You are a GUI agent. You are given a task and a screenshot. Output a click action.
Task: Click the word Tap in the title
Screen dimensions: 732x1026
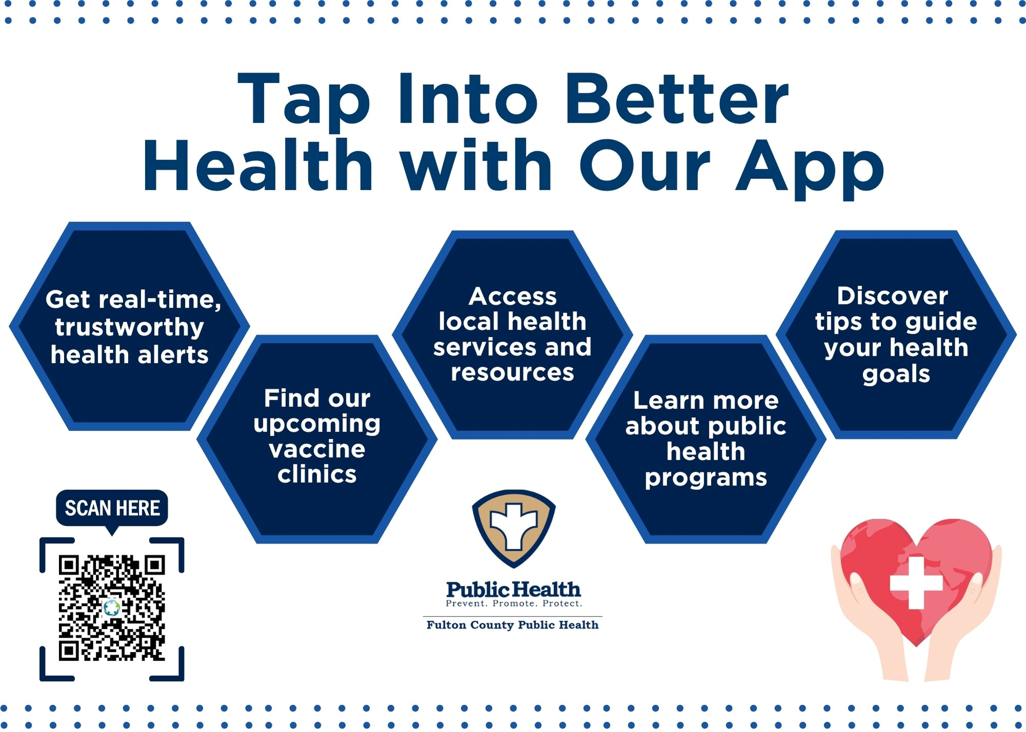coord(303,100)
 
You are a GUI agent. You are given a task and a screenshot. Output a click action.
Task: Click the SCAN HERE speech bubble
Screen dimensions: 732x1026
coord(112,508)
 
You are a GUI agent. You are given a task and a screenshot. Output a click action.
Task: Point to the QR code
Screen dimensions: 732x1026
coord(112,608)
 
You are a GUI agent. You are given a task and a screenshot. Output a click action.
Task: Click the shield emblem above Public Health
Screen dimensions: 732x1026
coord(514,528)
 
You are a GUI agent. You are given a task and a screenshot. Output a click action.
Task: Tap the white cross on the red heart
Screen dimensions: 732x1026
coord(916,583)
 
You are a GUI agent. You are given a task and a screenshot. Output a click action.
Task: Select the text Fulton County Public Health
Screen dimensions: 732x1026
coord(512,625)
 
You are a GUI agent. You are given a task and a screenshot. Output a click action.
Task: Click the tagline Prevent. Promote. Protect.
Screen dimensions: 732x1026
coord(514,603)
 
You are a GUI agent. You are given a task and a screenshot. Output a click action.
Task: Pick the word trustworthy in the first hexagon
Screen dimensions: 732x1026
coord(130,327)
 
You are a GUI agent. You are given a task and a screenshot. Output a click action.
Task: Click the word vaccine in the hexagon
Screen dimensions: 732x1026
coord(317,449)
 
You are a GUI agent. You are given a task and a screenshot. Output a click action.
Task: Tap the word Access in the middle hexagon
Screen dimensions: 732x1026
coord(512,296)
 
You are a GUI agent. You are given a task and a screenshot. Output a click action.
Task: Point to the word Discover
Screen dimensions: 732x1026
coord(893,296)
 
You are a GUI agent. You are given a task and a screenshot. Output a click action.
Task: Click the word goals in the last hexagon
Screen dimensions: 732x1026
coord(896,374)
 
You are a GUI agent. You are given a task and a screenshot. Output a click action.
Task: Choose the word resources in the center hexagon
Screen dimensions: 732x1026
coord(512,373)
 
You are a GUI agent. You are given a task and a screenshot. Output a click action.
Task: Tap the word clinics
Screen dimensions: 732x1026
coord(317,474)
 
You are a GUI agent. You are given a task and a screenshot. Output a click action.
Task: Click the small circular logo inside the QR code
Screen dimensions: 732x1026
coord(111,608)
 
